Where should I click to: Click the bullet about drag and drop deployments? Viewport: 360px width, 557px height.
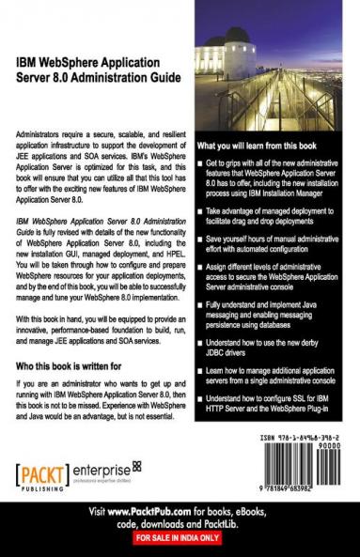click(x=277, y=224)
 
